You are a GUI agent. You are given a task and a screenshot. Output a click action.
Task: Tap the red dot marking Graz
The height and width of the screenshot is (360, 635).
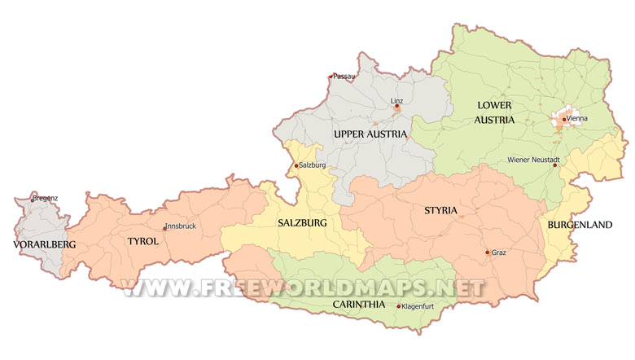488,252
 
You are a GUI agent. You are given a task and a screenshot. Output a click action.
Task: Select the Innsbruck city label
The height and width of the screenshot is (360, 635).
181,226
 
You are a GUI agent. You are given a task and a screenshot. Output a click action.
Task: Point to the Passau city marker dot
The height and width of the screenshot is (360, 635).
331,77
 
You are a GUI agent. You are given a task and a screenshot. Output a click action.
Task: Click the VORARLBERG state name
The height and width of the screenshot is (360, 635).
44,244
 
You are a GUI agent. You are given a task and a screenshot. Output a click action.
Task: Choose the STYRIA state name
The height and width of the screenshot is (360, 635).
440,211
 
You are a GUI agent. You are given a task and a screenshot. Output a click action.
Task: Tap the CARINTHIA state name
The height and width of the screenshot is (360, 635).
358,304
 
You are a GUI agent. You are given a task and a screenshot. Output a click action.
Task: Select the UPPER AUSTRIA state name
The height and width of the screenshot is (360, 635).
370,133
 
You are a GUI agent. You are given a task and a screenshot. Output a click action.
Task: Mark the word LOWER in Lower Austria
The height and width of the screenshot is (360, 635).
496,105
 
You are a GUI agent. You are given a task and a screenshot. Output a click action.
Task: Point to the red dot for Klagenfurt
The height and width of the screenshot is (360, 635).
399,306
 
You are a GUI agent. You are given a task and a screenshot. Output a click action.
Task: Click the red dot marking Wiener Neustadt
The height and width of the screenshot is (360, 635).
555,165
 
